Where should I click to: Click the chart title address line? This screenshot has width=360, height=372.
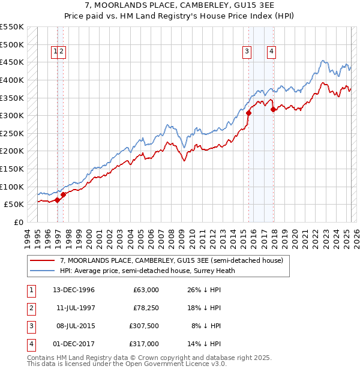pos(180,5)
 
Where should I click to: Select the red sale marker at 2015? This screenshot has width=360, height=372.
pos(248,113)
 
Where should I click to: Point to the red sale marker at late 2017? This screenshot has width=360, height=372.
pos(273,109)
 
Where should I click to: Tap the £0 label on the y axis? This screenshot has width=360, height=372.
pos(18,222)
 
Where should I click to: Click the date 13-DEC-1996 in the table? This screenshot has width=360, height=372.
pos(74,290)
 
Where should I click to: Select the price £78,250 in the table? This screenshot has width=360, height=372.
pos(146,308)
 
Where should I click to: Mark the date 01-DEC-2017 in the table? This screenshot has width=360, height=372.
pos(74,344)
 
